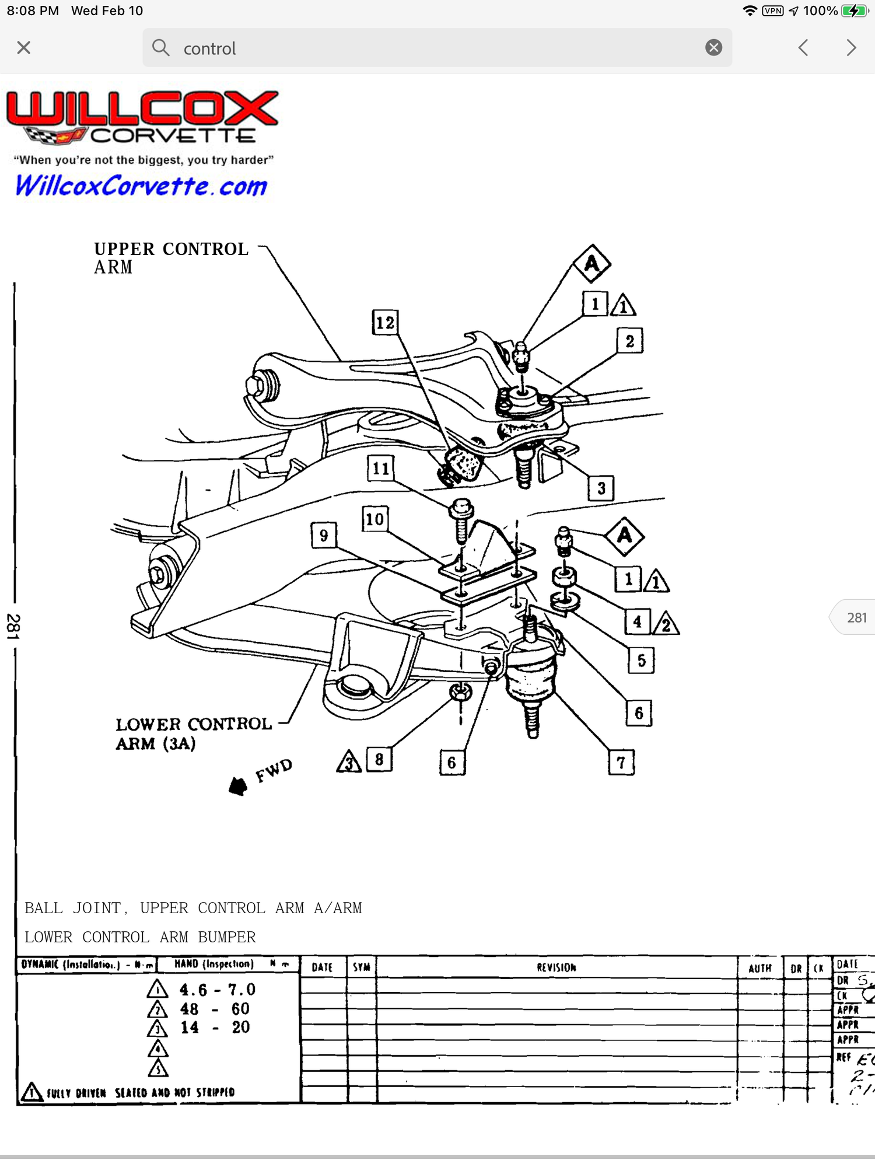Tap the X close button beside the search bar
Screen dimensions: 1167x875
pos(24,48)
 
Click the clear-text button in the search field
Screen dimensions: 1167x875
pos(713,48)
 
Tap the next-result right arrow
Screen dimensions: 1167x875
pos(851,48)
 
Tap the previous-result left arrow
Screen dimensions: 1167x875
pos(803,48)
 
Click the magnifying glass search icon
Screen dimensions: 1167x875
pos(160,48)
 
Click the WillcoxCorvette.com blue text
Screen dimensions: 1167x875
pos(141,186)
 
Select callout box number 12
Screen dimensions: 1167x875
pos(385,323)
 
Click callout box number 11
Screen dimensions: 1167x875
pos(380,468)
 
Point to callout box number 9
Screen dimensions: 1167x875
pos(324,535)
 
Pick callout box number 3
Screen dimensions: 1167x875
pos(601,488)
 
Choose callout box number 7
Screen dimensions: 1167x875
pos(621,762)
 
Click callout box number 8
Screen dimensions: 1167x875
pos(379,759)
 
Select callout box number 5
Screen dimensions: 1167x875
pos(641,661)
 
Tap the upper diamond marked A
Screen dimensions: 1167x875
pos(591,264)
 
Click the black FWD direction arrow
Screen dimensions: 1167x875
pos(238,786)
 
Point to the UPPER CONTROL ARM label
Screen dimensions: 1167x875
pos(170,257)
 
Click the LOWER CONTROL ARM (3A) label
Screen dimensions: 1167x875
pos(192,733)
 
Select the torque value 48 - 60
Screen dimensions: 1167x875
pos(215,1009)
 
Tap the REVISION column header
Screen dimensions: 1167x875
pos(556,967)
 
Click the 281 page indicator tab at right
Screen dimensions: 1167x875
pos(855,617)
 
